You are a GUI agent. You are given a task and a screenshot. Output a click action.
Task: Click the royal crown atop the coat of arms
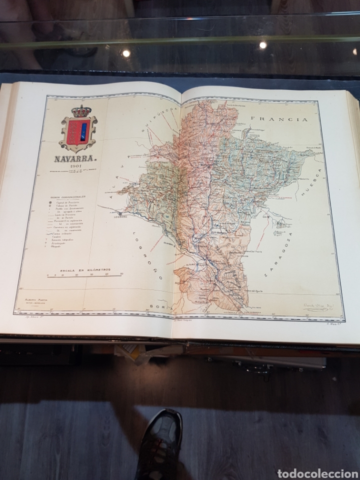point(78,110)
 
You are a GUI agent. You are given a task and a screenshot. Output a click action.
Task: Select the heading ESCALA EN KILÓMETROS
point(84,270)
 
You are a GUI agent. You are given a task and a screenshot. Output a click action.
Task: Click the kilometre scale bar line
point(85,275)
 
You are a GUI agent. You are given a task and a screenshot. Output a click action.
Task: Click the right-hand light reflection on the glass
point(263,44)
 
